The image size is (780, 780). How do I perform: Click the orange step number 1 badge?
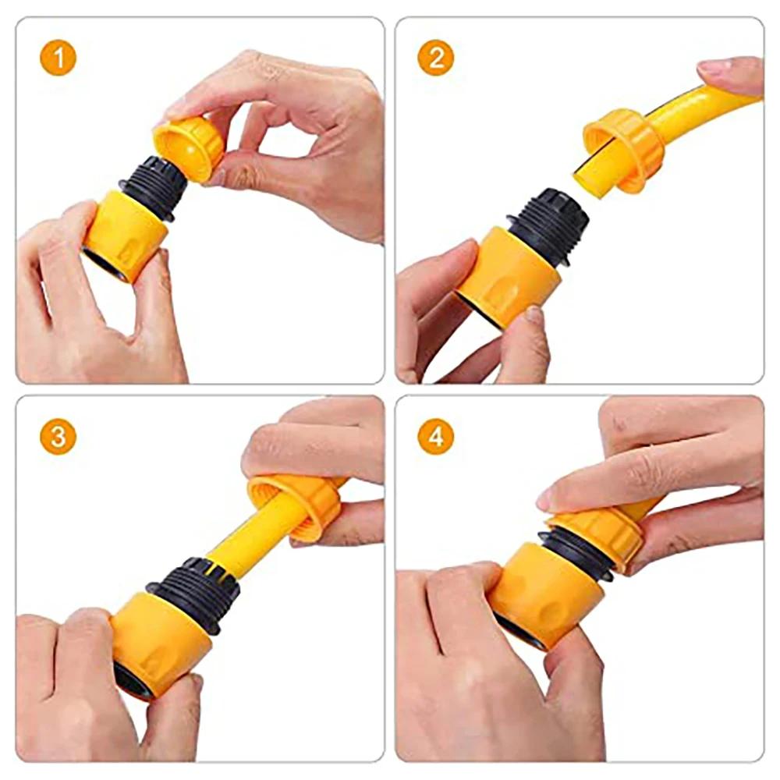pyautogui.click(x=58, y=58)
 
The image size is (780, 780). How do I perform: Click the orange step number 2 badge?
pyautogui.click(x=436, y=58)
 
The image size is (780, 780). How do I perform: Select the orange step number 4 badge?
pyautogui.click(x=436, y=437)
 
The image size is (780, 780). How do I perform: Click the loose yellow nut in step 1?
pyautogui.click(x=190, y=146)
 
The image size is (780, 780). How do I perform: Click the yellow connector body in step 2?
pyautogui.click(x=507, y=273)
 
